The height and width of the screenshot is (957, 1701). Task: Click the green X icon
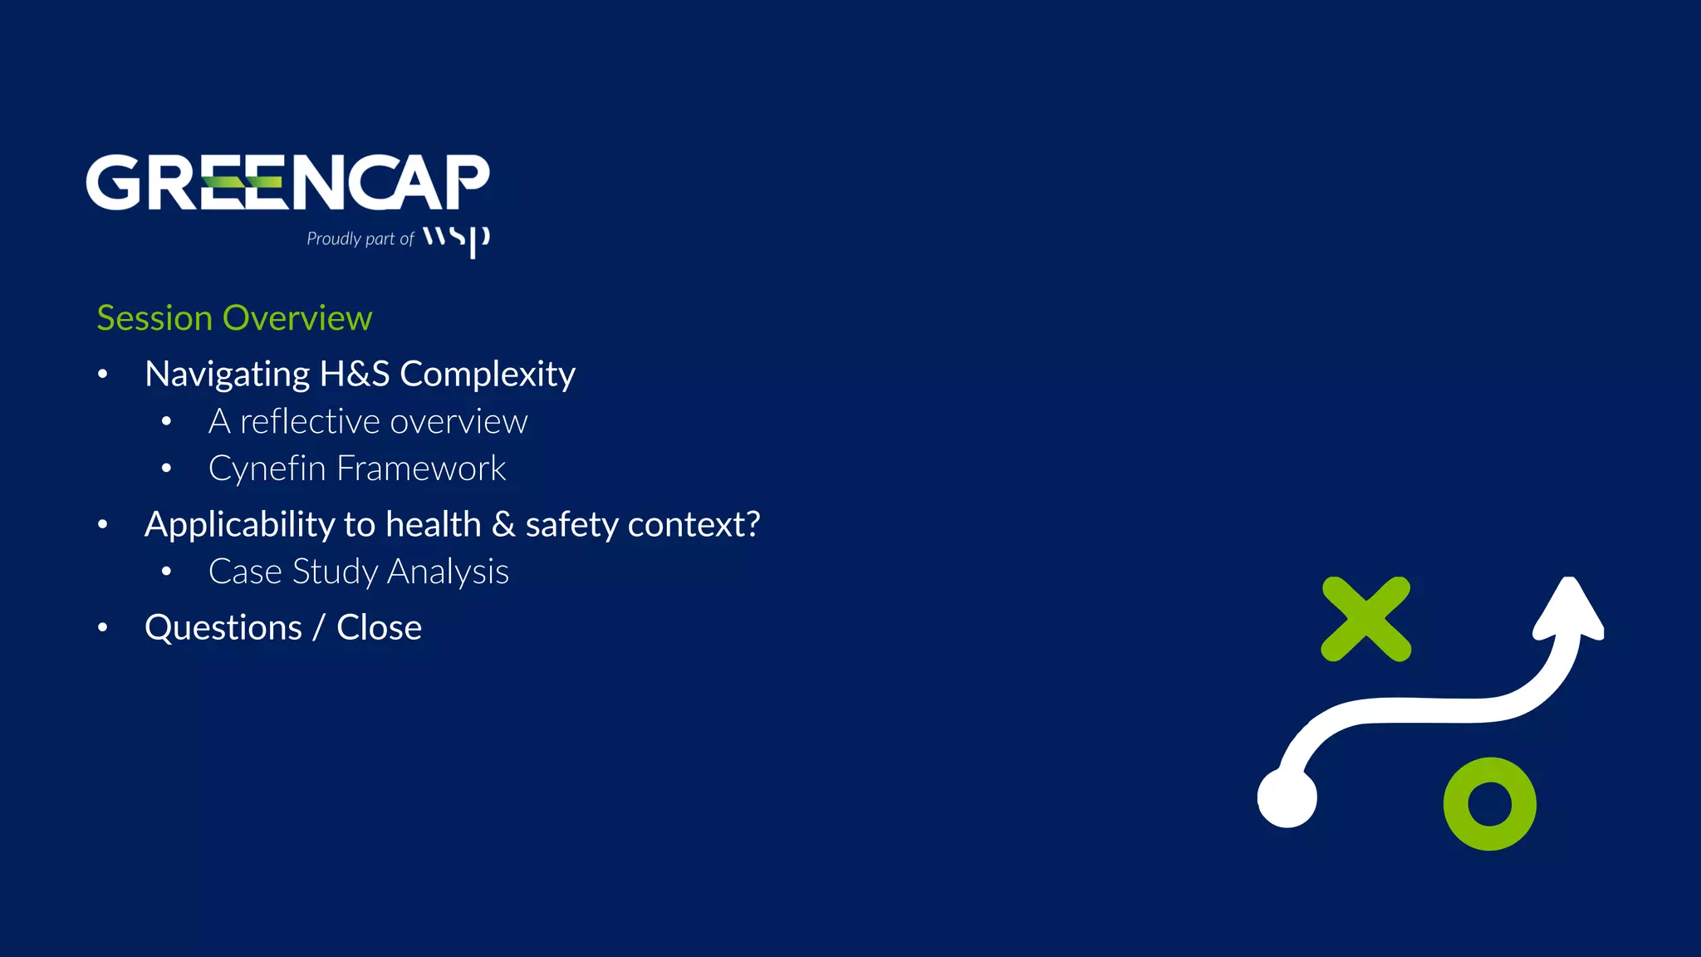click(1365, 619)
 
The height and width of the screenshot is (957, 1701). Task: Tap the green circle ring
click(1489, 803)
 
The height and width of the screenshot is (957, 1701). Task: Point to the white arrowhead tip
click(1570, 584)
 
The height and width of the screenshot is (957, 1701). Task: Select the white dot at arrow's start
click(1287, 797)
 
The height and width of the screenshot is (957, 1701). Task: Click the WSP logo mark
click(456, 239)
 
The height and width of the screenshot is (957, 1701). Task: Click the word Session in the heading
click(154, 318)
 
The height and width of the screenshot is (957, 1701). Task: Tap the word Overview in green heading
click(297, 318)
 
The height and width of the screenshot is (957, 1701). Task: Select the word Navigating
click(227, 375)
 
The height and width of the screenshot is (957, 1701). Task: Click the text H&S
click(355, 375)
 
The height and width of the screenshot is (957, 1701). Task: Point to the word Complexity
click(488, 375)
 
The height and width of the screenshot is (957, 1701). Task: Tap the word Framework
click(420, 469)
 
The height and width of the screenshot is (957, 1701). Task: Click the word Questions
click(223, 628)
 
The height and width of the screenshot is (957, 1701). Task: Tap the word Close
click(379, 628)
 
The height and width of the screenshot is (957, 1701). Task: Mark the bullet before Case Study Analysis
click(166, 572)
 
